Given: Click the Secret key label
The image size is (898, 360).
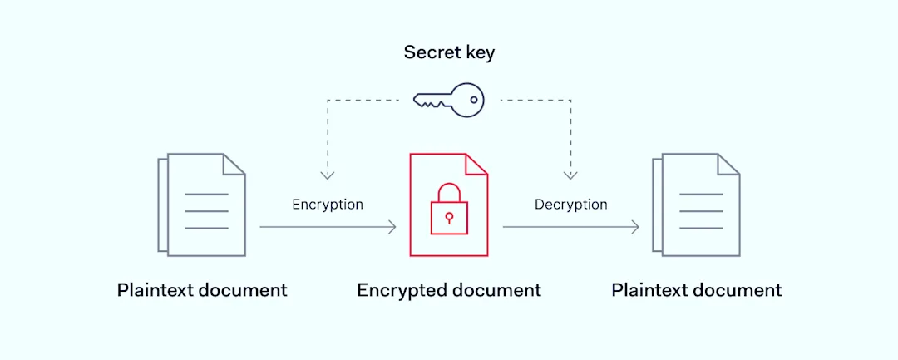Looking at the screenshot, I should pyautogui.click(x=449, y=52).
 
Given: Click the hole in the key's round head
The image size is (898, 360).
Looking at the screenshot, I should pyautogui.click(x=474, y=100).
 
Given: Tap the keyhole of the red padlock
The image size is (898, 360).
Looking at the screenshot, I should pyautogui.click(x=449, y=217).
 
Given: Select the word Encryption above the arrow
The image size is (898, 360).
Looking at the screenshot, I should pyautogui.click(x=328, y=205).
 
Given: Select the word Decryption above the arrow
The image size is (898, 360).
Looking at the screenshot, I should pyautogui.click(x=570, y=205).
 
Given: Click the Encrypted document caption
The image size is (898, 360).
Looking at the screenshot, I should pyautogui.click(x=449, y=290).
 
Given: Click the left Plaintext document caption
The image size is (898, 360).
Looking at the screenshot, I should pyautogui.click(x=202, y=290).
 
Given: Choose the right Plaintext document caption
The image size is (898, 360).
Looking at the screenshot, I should pyautogui.click(x=697, y=290).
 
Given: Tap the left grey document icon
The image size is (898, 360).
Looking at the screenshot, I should pyautogui.click(x=202, y=204).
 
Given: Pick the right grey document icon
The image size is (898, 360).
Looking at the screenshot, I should pyautogui.click(x=697, y=204).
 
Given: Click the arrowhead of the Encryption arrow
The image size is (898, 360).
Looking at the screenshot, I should pyautogui.click(x=393, y=226).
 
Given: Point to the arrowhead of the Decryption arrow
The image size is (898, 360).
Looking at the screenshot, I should pyautogui.click(x=636, y=226).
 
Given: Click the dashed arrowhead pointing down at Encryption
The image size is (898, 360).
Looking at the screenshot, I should pyautogui.click(x=328, y=175).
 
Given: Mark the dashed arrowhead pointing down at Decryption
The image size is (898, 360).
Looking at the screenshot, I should pyautogui.click(x=570, y=175).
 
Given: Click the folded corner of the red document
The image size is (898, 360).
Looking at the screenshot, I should pyautogui.click(x=476, y=164).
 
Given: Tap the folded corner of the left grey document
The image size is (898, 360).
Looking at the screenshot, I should pyautogui.click(x=234, y=164).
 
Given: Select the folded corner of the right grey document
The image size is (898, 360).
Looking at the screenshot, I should pyautogui.click(x=728, y=164).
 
